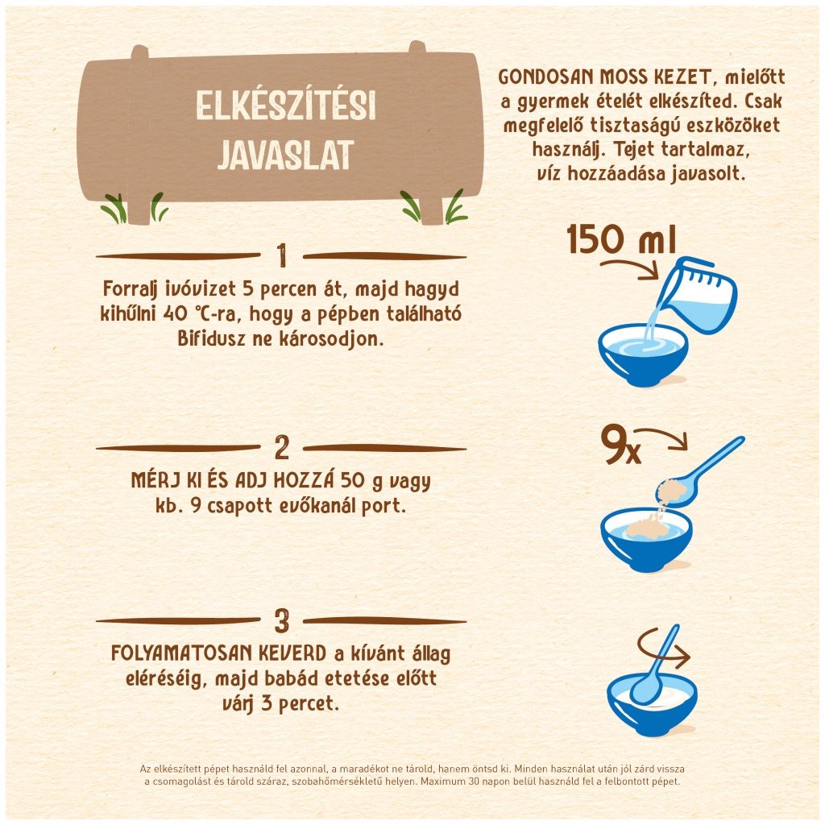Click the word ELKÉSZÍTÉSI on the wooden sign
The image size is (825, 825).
pyautogui.click(x=285, y=107)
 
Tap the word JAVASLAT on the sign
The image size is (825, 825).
pyautogui.click(x=285, y=155)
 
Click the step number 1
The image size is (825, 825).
pyautogui.click(x=281, y=257)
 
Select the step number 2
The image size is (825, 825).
pyautogui.click(x=281, y=448)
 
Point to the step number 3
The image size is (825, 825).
pyautogui.click(x=281, y=621)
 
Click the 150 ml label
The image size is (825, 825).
pyautogui.click(x=620, y=239)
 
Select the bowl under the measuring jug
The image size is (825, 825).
pyautogui.click(x=644, y=355)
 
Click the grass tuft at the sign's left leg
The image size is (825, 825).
pyautogui.click(x=114, y=209)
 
